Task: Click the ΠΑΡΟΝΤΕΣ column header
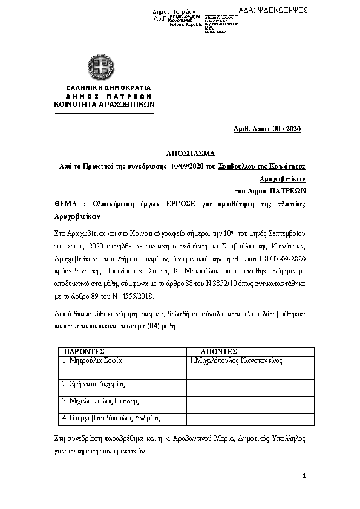[x=85, y=351]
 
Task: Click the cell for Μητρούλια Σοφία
[x=93, y=360]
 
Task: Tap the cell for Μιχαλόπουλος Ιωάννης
[x=101, y=400]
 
